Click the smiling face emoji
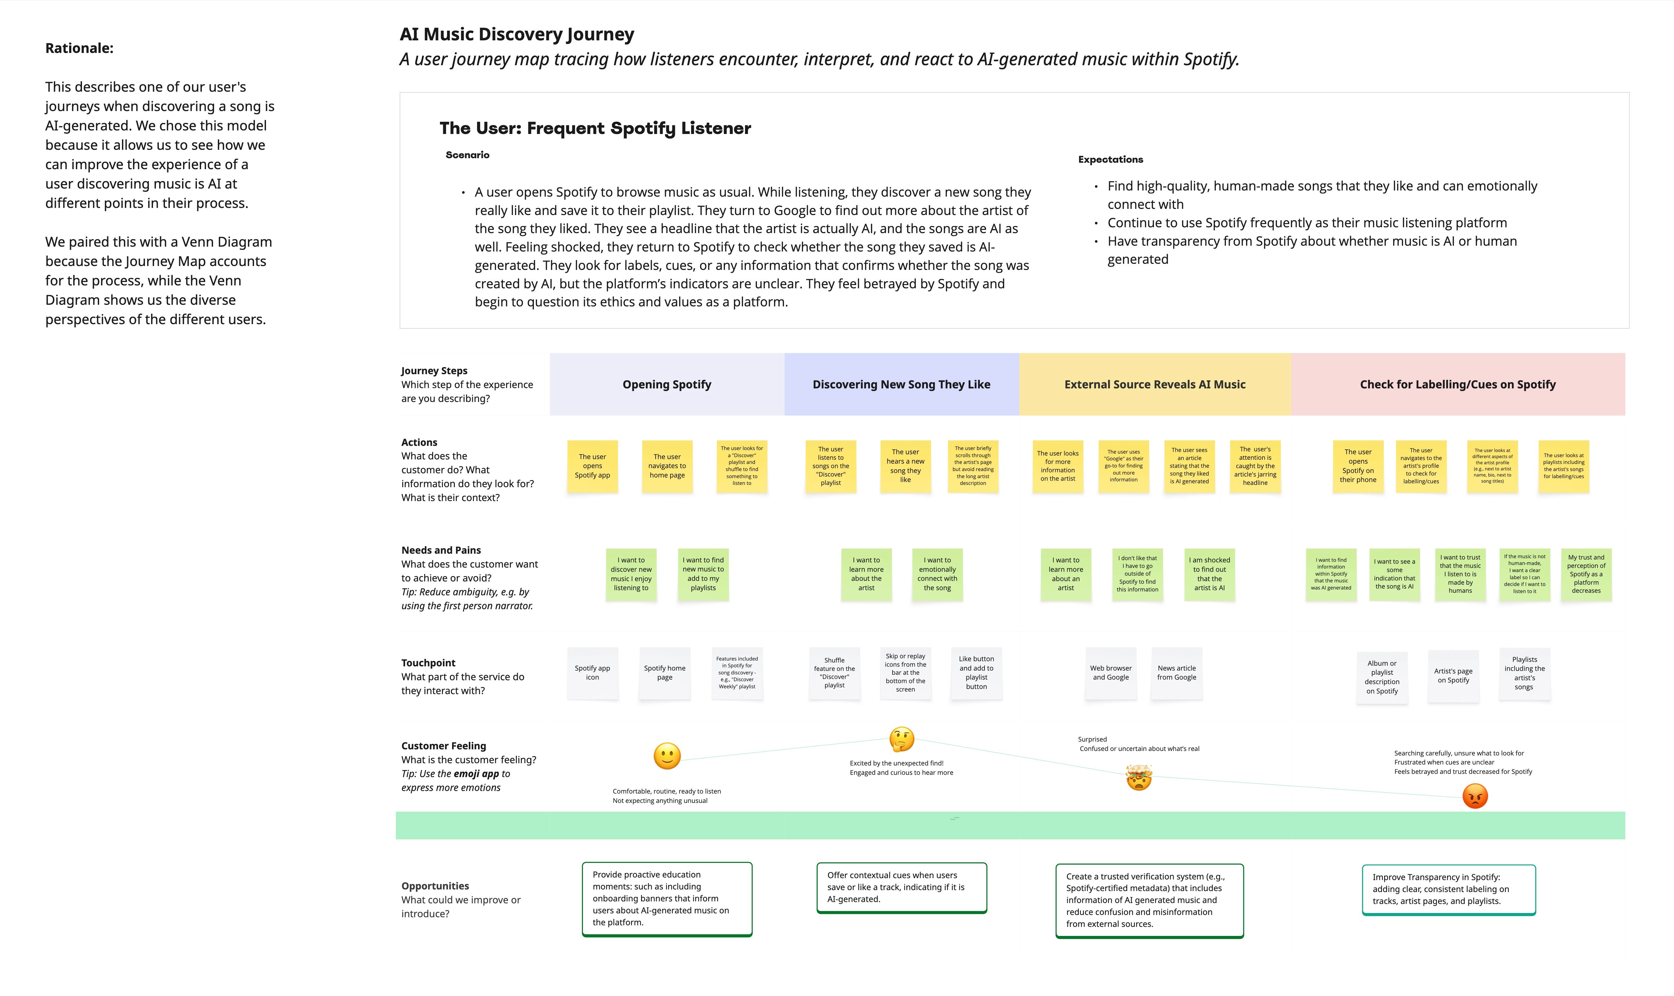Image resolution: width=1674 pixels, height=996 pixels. [x=667, y=756]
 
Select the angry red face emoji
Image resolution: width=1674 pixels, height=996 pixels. [x=1475, y=796]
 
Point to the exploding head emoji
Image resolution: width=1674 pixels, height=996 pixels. [x=1138, y=777]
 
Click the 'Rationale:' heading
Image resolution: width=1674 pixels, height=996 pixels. [x=79, y=48]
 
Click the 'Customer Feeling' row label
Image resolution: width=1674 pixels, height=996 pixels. [x=444, y=746]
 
